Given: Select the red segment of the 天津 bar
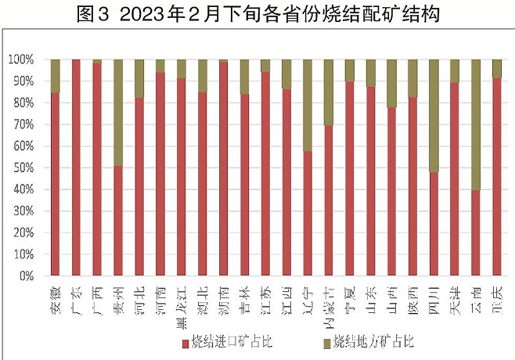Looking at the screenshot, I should [x=454, y=179].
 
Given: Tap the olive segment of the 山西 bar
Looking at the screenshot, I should [x=391, y=83].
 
